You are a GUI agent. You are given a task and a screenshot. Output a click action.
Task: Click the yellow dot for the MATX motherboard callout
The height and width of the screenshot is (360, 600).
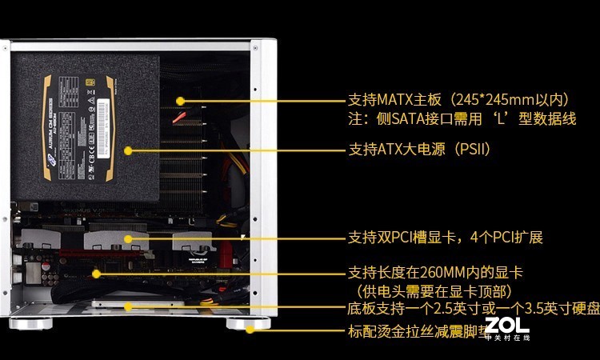coord(180,102)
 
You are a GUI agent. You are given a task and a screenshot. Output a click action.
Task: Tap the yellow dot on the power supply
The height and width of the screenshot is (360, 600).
coord(127,150)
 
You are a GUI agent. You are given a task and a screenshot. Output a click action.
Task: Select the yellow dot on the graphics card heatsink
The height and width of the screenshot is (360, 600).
coord(127,238)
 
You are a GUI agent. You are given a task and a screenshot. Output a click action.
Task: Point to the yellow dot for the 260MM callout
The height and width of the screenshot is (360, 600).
coord(98,274)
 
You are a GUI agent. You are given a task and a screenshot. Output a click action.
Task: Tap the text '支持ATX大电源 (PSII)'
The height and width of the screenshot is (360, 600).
coord(418,150)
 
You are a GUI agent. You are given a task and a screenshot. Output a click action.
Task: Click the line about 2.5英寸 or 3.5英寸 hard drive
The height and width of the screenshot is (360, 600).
coord(472,309)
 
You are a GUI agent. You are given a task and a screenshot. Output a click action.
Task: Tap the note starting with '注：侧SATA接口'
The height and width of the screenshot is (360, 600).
coord(462,119)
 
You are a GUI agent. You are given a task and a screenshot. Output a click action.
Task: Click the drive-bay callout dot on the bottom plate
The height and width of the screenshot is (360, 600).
coord(129,306)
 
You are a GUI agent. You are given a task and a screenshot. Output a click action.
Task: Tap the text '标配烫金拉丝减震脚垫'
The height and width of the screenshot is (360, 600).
coord(416,330)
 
